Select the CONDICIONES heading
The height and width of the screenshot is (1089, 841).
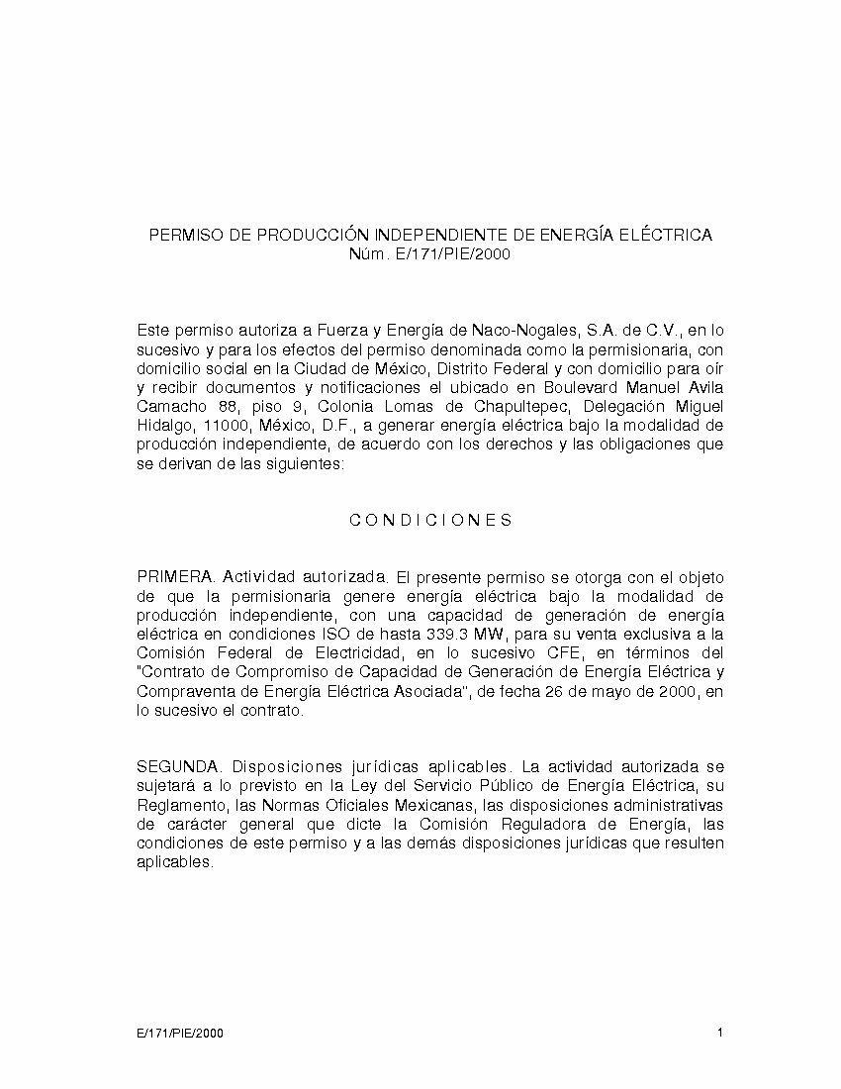tap(430, 521)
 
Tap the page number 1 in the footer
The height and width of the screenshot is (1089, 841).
tap(720, 1034)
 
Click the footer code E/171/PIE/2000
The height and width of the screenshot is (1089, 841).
tap(180, 1034)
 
